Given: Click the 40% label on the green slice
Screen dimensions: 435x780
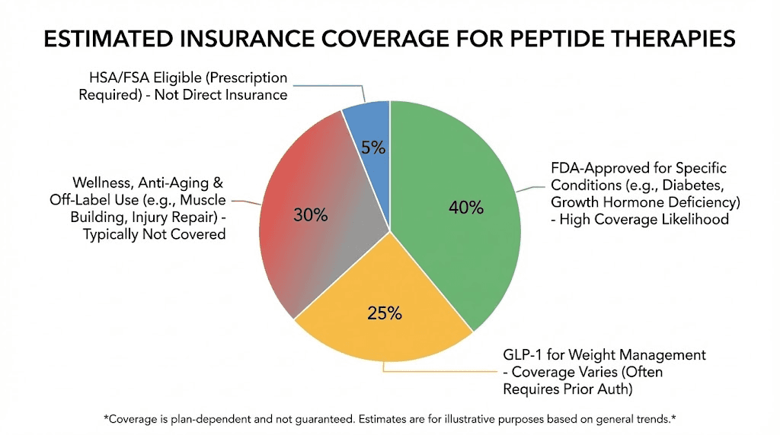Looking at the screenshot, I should pyautogui.click(x=465, y=208).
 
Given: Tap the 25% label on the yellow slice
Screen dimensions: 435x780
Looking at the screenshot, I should pyautogui.click(x=384, y=313).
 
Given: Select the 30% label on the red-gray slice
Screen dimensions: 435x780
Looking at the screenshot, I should pyautogui.click(x=310, y=215).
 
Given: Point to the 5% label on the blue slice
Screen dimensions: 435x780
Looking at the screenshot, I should pyautogui.click(x=373, y=148).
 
